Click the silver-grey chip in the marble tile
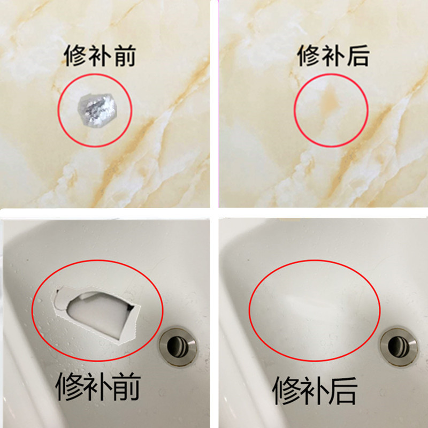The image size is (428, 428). [x=95, y=109]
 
